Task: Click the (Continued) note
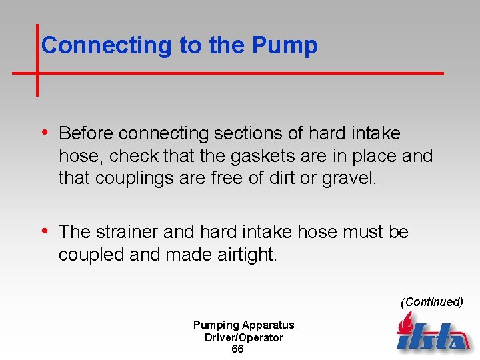(x=431, y=302)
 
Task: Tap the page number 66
(x=237, y=349)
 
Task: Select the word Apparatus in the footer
(x=268, y=325)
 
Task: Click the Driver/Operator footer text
(x=243, y=337)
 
